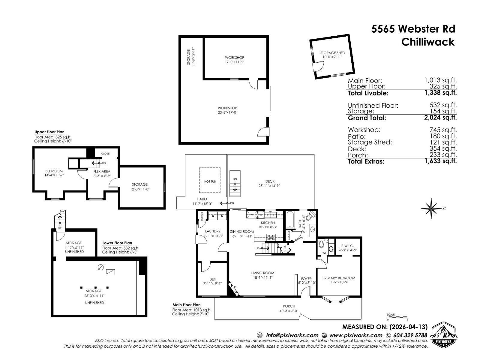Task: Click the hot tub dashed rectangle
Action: coord(210,180)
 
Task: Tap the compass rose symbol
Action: coord(431,208)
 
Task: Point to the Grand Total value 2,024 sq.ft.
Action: coord(440,117)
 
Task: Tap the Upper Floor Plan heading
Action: coord(49,132)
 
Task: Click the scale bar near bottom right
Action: coord(397,317)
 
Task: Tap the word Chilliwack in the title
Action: coord(428,42)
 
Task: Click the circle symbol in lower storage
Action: coord(101,267)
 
